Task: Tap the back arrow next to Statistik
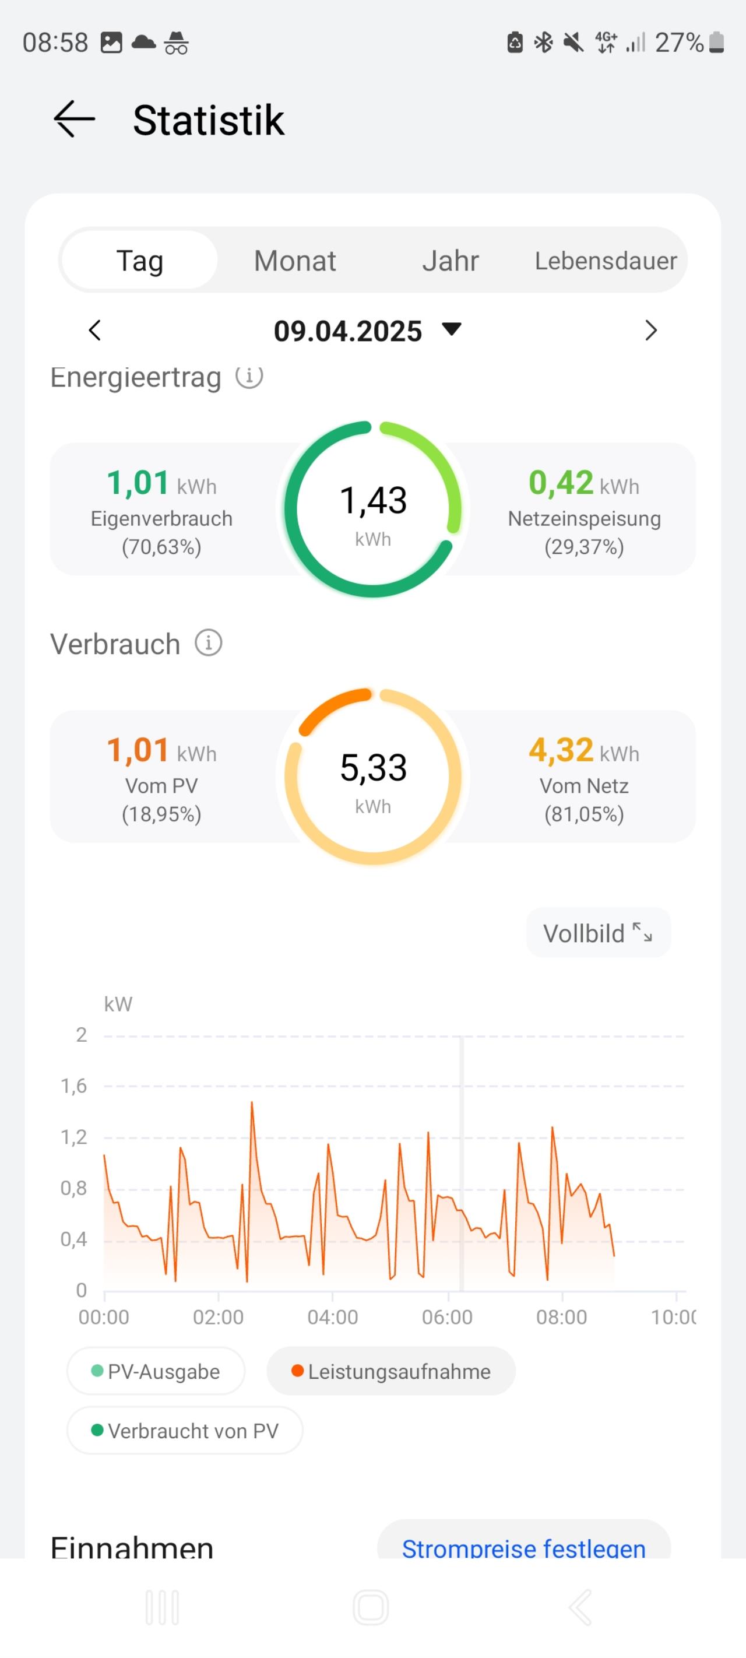coord(74,119)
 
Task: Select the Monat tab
coord(295,261)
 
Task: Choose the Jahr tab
coord(451,261)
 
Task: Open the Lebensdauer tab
coord(606,261)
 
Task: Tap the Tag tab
coord(140,261)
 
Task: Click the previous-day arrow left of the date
coord(94,330)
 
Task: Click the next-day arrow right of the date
coord(651,330)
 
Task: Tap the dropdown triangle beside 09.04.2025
coord(452,329)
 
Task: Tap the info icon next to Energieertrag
coord(249,377)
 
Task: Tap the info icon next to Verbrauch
coord(209,643)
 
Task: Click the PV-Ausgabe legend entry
coord(156,1372)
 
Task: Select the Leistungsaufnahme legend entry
coord(390,1372)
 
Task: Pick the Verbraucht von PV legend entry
coord(185,1431)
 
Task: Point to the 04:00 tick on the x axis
coord(332,1317)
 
